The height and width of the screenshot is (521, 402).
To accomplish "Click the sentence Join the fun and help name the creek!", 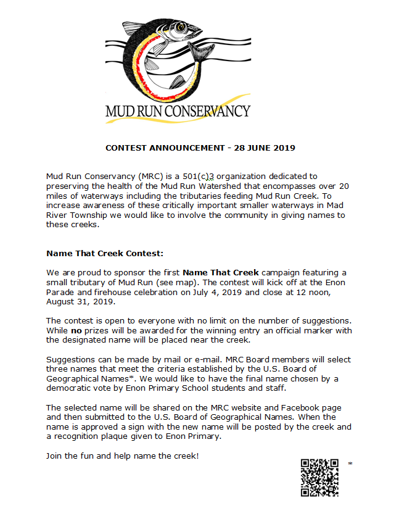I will pos(123,456).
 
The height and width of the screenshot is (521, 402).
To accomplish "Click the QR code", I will pos(319,477).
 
